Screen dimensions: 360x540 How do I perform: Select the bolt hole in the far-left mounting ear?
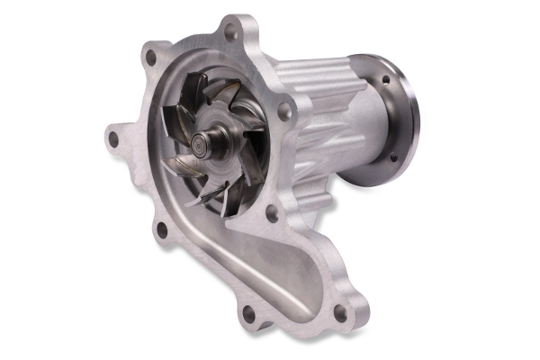[x=112, y=139]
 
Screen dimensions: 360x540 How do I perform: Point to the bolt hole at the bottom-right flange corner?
[x=339, y=311]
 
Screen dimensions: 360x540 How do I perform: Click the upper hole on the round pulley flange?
[x=385, y=79]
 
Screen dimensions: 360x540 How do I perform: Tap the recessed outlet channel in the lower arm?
[x=270, y=270]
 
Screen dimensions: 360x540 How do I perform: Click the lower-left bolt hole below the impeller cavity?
[x=162, y=228]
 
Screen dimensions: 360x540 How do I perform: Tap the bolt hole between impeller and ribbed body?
[x=284, y=111]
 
